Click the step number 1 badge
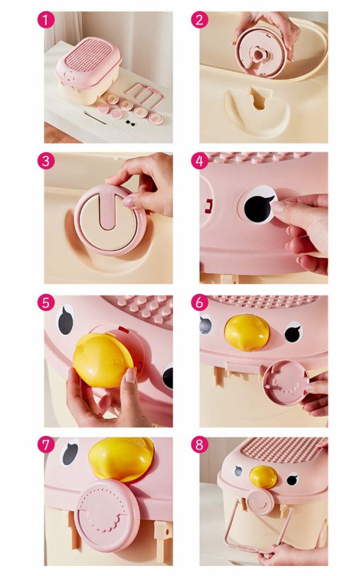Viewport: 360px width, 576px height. pyautogui.click(x=46, y=20)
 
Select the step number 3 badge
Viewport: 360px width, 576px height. pyautogui.click(x=46, y=161)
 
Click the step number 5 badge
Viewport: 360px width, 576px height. pyautogui.click(x=46, y=303)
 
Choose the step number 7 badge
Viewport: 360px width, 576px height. pyautogui.click(x=46, y=445)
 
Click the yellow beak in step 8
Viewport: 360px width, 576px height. pyautogui.click(x=263, y=477)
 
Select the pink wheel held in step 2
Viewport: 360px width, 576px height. pyautogui.click(x=260, y=53)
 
